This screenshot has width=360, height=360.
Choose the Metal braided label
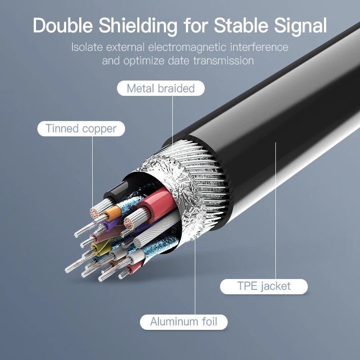click(x=161, y=88)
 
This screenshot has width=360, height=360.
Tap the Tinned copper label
click(x=81, y=129)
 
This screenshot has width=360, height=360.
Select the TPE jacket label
click(x=264, y=286)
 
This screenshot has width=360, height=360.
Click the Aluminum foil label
click(x=184, y=322)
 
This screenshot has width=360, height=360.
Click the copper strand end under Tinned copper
click(x=95, y=212)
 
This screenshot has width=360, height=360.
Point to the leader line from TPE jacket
click(x=275, y=211)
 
